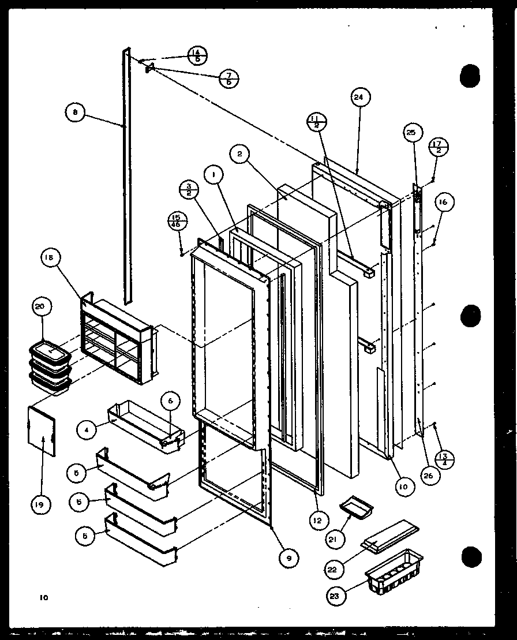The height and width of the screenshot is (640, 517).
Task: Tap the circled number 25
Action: pyautogui.click(x=410, y=133)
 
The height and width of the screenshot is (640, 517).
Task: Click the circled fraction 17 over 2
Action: pyautogui.click(x=439, y=148)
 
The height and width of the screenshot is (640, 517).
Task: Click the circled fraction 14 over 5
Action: pyautogui.click(x=197, y=56)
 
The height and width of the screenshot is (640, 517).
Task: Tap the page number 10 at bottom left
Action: pyautogui.click(x=44, y=597)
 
